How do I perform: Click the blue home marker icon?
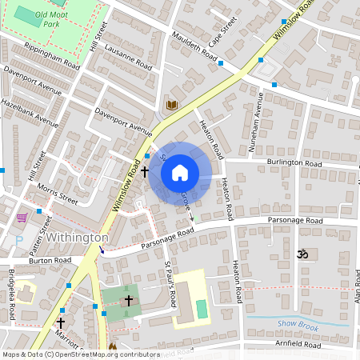[x=180, y=172]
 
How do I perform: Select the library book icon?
[x=171, y=105]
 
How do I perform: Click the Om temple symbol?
[x=302, y=254]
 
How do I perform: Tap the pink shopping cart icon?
[x=22, y=217]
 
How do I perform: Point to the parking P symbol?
[x=19, y=240]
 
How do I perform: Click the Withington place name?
[x=77, y=238]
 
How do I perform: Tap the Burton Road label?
[x=50, y=260]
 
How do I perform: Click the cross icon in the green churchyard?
[x=129, y=300]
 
